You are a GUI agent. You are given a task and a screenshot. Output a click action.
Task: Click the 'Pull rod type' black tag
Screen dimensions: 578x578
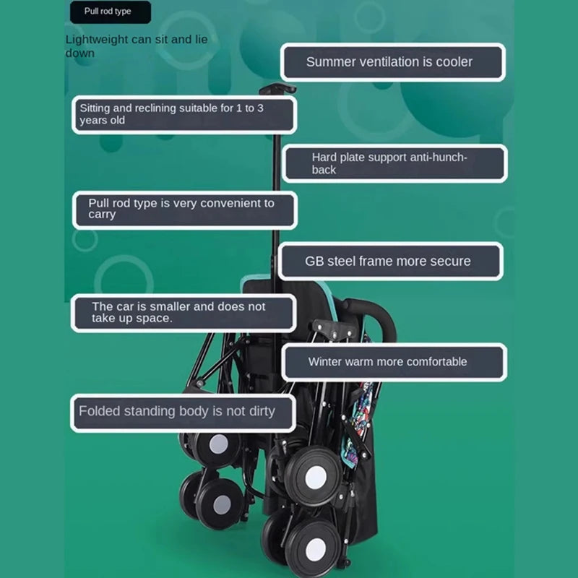(111, 12)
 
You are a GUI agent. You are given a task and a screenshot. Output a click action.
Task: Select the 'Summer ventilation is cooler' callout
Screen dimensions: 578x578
(392, 62)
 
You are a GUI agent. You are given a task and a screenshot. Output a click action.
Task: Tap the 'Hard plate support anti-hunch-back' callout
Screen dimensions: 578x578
(394, 163)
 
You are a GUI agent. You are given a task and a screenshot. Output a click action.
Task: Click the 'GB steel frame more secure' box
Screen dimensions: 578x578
(390, 262)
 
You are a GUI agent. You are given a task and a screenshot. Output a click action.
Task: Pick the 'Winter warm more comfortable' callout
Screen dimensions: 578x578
(394, 362)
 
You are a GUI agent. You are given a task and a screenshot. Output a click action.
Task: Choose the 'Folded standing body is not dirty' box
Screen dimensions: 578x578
(183, 413)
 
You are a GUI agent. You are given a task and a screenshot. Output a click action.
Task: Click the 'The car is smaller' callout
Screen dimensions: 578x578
(183, 313)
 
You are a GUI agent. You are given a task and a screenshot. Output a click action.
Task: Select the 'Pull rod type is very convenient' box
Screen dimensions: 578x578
(184, 210)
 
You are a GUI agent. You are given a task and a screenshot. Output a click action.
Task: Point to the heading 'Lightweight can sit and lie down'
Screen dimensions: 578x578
(137, 46)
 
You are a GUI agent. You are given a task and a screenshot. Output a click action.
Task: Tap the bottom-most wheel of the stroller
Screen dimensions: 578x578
(314, 549)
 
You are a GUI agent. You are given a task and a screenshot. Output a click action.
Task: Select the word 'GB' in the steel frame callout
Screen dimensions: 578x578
(314, 262)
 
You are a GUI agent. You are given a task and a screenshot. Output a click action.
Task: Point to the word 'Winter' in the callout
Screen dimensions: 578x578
(327, 362)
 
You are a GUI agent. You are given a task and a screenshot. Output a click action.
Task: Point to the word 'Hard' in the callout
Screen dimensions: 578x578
(324, 157)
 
